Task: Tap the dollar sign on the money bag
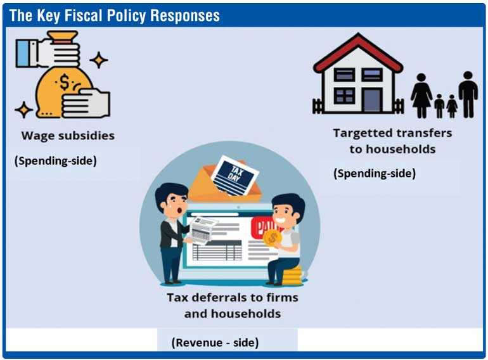(64, 82)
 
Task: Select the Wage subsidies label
(68, 136)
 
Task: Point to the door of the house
(371, 100)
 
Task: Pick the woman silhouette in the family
(421, 95)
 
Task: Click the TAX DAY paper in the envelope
(234, 175)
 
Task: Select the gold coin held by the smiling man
(273, 238)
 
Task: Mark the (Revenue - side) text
(215, 343)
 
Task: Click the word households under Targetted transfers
(392, 149)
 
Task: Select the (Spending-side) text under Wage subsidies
(55, 161)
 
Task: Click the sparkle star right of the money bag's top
(99, 60)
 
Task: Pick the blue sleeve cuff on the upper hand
(23, 53)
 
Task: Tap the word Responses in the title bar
(185, 16)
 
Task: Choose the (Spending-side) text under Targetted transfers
(375, 173)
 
